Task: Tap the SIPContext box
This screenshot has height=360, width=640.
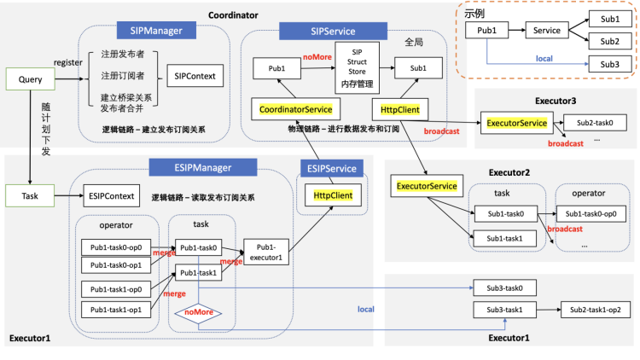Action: point(193,76)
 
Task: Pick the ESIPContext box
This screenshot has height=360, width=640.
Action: point(111,196)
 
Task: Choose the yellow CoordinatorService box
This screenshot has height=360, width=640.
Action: point(294,108)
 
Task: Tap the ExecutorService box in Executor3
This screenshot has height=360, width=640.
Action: point(516,123)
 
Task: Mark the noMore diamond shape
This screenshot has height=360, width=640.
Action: point(198,312)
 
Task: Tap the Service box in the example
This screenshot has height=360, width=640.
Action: point(545,30)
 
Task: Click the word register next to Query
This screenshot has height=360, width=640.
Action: point(67,62)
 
